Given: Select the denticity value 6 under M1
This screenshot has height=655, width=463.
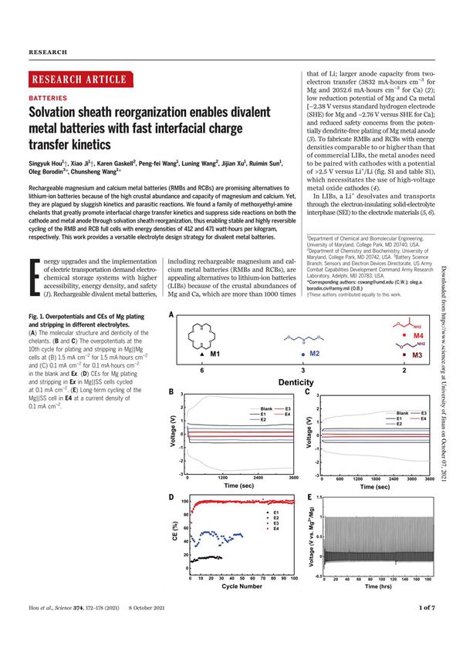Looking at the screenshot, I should point(202,371).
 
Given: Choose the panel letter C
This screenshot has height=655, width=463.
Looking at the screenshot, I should point(307,393).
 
